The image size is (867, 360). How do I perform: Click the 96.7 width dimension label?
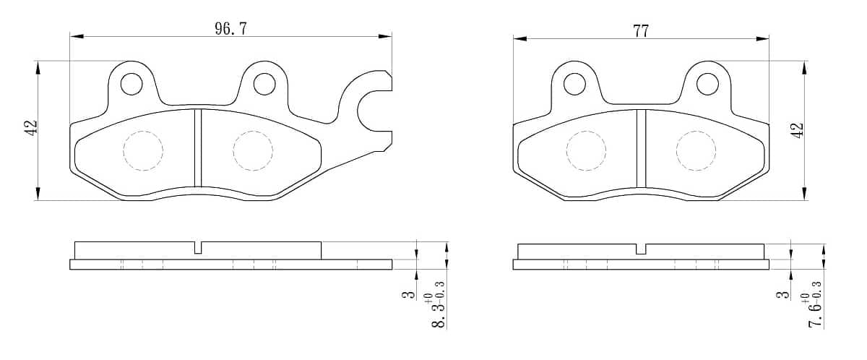pos(230,29)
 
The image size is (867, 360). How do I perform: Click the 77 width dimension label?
pos(641,31)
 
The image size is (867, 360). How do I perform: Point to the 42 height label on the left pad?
pos(30,127)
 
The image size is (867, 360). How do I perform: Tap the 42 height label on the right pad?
pos(798,130)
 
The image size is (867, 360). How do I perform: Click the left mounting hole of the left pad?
pos(131,84)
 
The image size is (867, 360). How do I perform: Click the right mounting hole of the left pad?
pos(264,84)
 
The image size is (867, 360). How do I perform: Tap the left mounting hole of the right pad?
pos(574,84)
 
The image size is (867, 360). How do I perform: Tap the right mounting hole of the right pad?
pos(707,84)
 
